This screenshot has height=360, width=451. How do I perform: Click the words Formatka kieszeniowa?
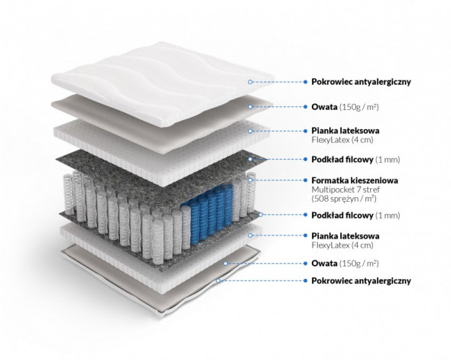[355, 180]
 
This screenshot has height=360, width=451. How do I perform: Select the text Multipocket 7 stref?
[346, 190]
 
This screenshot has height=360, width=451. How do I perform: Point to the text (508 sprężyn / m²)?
[344, 199]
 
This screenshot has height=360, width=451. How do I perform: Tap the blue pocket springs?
[208, 212]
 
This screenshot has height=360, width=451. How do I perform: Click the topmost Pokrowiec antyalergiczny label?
[362, 82]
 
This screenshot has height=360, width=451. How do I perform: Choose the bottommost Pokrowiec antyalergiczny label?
[362, 281]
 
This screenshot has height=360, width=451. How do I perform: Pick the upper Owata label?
[324, 107]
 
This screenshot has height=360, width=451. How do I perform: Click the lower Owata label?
[324, 264]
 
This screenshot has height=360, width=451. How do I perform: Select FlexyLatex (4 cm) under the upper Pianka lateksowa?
[342, 140]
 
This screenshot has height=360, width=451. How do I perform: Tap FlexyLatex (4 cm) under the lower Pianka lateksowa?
[342, 245]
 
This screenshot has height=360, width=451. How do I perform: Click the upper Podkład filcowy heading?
[342, 160]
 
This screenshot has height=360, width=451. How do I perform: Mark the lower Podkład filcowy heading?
[342, 216]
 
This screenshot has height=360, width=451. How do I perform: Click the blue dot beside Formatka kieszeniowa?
[305, 180]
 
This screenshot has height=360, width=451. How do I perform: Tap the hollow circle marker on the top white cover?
[250, 82]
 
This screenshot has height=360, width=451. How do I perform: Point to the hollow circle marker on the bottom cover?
[219, 281]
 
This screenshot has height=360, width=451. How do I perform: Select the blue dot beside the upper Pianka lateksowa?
[305, 131]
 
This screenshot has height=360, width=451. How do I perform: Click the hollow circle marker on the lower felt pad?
[261, 215]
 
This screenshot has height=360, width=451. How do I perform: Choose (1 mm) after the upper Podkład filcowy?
[388, 160]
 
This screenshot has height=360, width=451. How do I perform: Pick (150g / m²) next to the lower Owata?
[359, 264]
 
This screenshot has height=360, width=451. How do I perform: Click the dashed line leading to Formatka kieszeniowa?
[277, 180]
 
